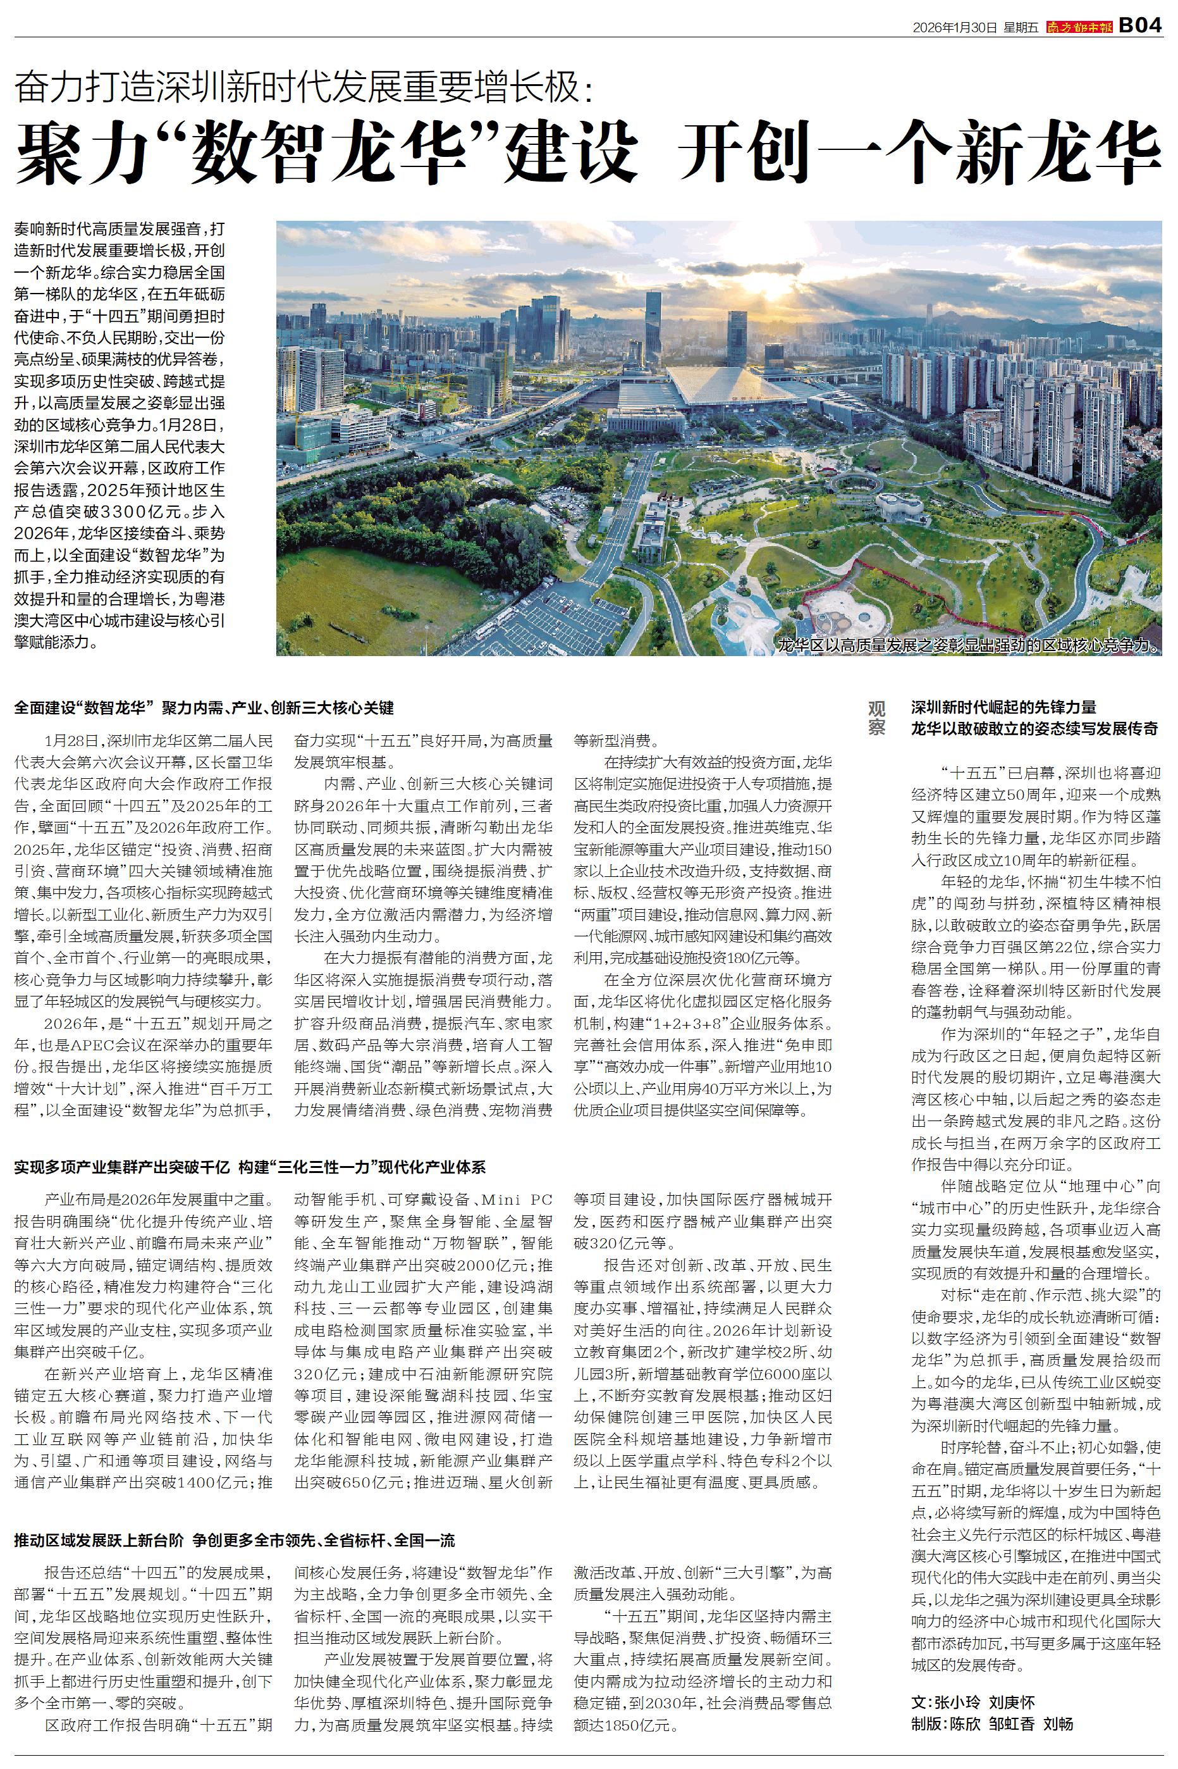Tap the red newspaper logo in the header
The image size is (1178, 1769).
pyautogui.click(x=1079, y=27)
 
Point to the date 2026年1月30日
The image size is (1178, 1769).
pyautogui.click(x=955, y=28)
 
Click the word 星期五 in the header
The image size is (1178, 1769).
pyautogui.click(x=1021, y=28)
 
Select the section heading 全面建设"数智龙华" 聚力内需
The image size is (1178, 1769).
pyautogui.click(x=204, y=708)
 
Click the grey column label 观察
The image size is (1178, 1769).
pyautogui.click(x=877, y=717)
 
